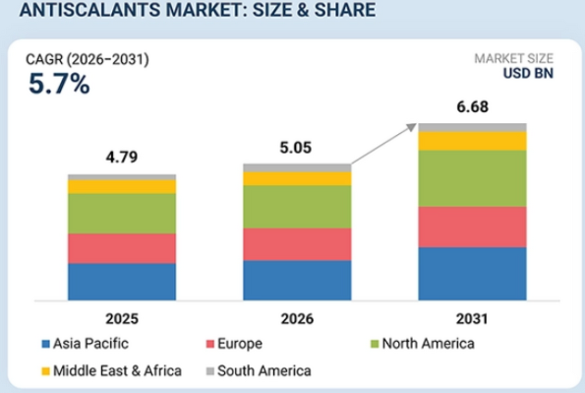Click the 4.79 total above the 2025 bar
(x=122, y=157)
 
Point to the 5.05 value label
(x=296, y=148)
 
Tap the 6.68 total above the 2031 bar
(x=472, y=107)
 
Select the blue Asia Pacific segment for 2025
(x=122, y=282)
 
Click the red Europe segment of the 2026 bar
(x=297, y=244)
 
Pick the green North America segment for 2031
(x=472, y=178)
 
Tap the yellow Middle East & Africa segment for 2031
(x=472, y=142)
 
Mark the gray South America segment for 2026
(x=297, y=167)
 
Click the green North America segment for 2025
(x=122, y=214)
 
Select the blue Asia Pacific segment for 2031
(x=472, y=274)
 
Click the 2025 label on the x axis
(x=122, y=319)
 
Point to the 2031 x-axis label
(x=472, y=319)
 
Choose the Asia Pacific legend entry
(x=86, y=344)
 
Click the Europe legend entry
(x=234, y=344)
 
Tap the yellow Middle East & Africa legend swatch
(x=45, y=371)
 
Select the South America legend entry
(x=259, y=371)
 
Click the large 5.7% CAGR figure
(x=59, y=84)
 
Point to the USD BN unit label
(x=528, y=73)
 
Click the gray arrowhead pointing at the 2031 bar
(x=411, y=127)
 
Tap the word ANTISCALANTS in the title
(x=89, y=10)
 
